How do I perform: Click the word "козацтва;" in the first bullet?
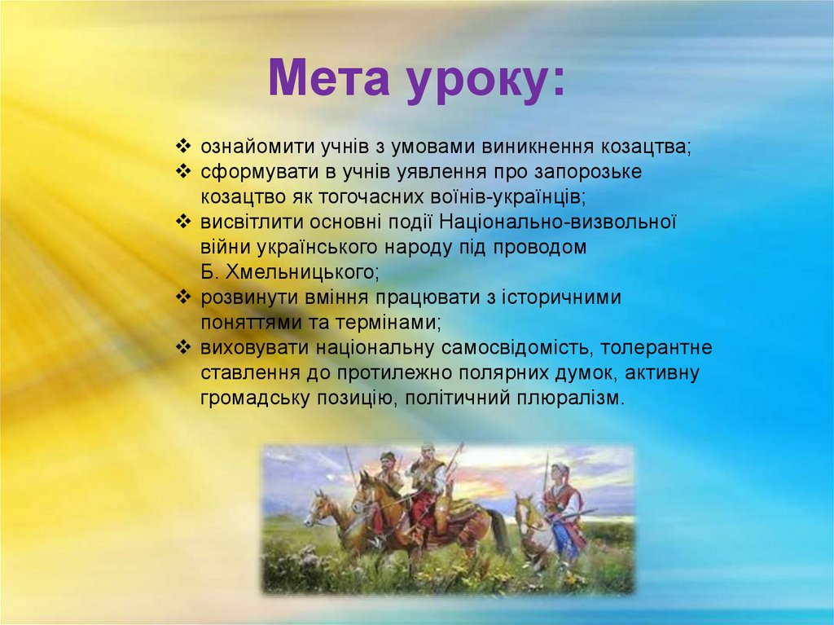(x=646, y=147)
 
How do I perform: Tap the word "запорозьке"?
(x=593, y=173)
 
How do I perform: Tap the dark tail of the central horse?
(x=494, y=529)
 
